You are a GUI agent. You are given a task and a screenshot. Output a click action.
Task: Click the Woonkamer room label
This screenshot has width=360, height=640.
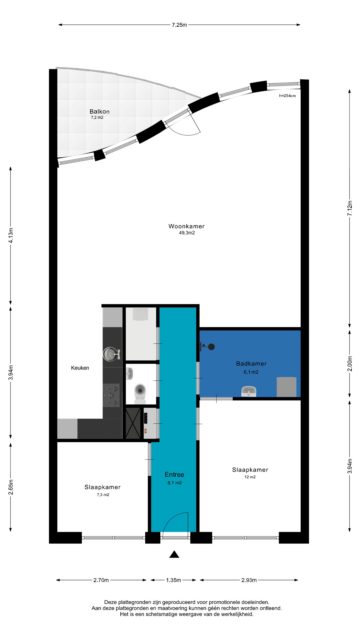pos(186,226)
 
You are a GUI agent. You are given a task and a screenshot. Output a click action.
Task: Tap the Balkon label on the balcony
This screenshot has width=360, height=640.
pos(99,112)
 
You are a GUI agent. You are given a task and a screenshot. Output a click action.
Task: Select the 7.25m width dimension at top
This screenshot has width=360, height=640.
pos(179,25)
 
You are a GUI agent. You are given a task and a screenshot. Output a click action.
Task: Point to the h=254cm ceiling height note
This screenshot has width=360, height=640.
pos(287,96)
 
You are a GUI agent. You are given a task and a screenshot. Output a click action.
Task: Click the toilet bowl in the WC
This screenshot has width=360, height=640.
pos(140,392)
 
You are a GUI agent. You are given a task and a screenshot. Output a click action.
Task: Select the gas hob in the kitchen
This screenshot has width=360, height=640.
pos(111,395)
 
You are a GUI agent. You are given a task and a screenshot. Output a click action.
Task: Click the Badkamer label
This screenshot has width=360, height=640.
pos(251,364)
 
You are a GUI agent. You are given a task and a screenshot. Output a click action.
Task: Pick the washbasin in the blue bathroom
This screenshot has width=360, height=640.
pos(249,391)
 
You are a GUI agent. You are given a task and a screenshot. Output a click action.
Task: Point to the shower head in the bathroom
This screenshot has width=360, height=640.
pos(211,347)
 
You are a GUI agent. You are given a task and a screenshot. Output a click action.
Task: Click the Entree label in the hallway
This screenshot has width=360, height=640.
pos(174,475)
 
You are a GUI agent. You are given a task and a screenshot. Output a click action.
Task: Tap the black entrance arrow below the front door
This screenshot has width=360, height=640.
pos(174,554)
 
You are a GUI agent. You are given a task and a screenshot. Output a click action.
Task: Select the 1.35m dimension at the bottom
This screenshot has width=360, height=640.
pos(174,580)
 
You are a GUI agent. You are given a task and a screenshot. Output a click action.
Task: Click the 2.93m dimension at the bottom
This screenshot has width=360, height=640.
pos(249,580)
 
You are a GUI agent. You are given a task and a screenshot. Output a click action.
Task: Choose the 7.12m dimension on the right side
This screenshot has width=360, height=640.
pos(350,208)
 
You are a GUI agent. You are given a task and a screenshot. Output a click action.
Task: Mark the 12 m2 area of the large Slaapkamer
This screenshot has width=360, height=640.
pos(250,477)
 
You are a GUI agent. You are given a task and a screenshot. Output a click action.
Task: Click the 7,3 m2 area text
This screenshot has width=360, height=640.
pos(103,495)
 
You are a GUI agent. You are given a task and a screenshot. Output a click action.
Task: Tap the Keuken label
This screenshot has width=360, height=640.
pos(80,368)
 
